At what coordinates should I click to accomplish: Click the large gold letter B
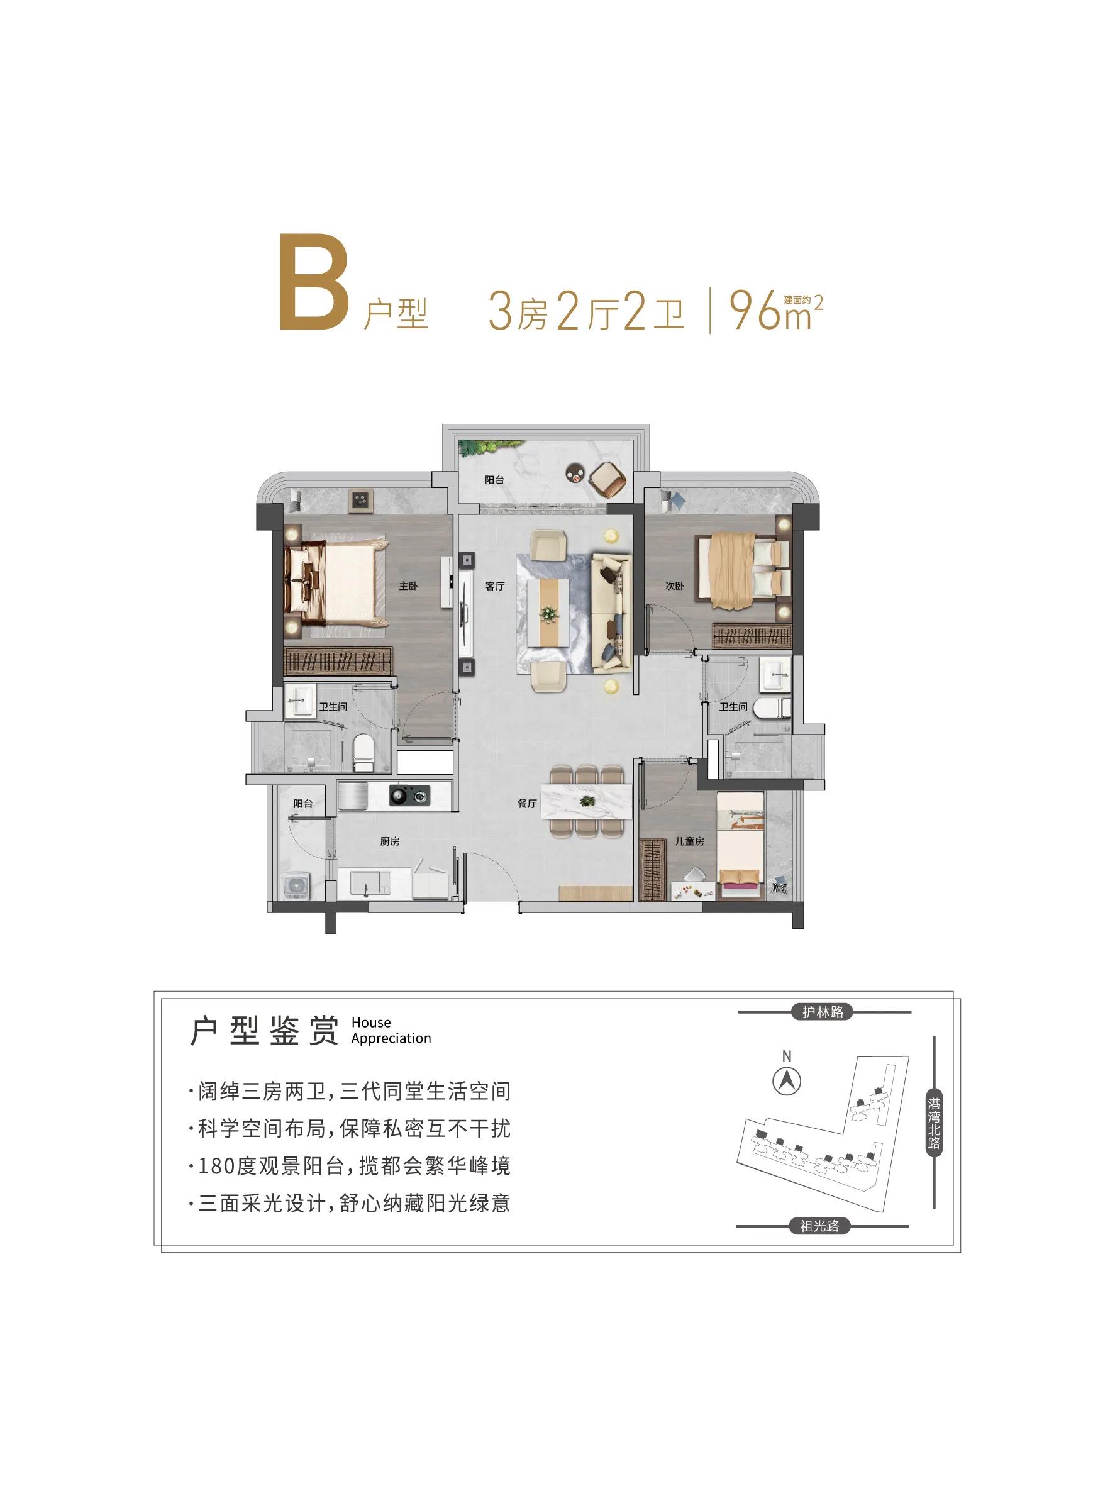click(314, 283)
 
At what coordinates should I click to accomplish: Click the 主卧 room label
click(408, 587)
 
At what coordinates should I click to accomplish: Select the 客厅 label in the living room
click(494, 587)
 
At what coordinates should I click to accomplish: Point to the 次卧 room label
click(674, 587)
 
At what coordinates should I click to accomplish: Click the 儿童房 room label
click(689, 841)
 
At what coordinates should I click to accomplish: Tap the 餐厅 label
click(526, 804)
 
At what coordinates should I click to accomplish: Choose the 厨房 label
click(389, 841)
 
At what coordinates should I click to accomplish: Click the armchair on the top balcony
click(608, 479)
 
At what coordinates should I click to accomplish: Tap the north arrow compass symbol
click(787, 1082)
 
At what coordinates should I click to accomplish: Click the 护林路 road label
click(822, 1012)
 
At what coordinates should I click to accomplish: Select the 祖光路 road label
click(819, 1226)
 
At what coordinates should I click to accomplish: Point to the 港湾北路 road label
click(934, 1123)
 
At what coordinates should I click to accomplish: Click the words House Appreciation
click(391, 1031)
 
